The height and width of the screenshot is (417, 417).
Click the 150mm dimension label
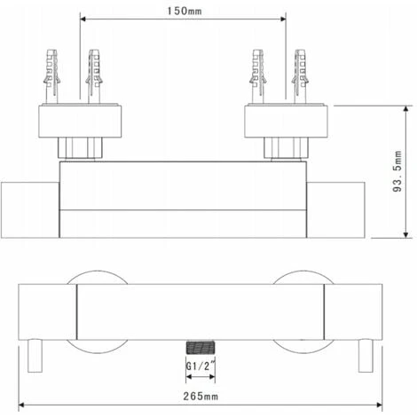coord(185,12)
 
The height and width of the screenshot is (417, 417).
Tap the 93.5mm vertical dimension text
coord(397,171)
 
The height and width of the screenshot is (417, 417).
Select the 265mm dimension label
coord(201,396)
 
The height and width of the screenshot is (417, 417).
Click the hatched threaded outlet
coord(201,348)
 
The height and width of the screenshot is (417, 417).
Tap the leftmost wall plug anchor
coord(51,76)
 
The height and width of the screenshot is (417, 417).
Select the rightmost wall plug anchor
coord(300,76)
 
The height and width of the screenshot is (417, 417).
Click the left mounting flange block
coord(80,121)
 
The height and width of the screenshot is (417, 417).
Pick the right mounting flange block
coord(286,121)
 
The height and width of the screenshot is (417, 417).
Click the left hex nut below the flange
coord(80,147)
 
